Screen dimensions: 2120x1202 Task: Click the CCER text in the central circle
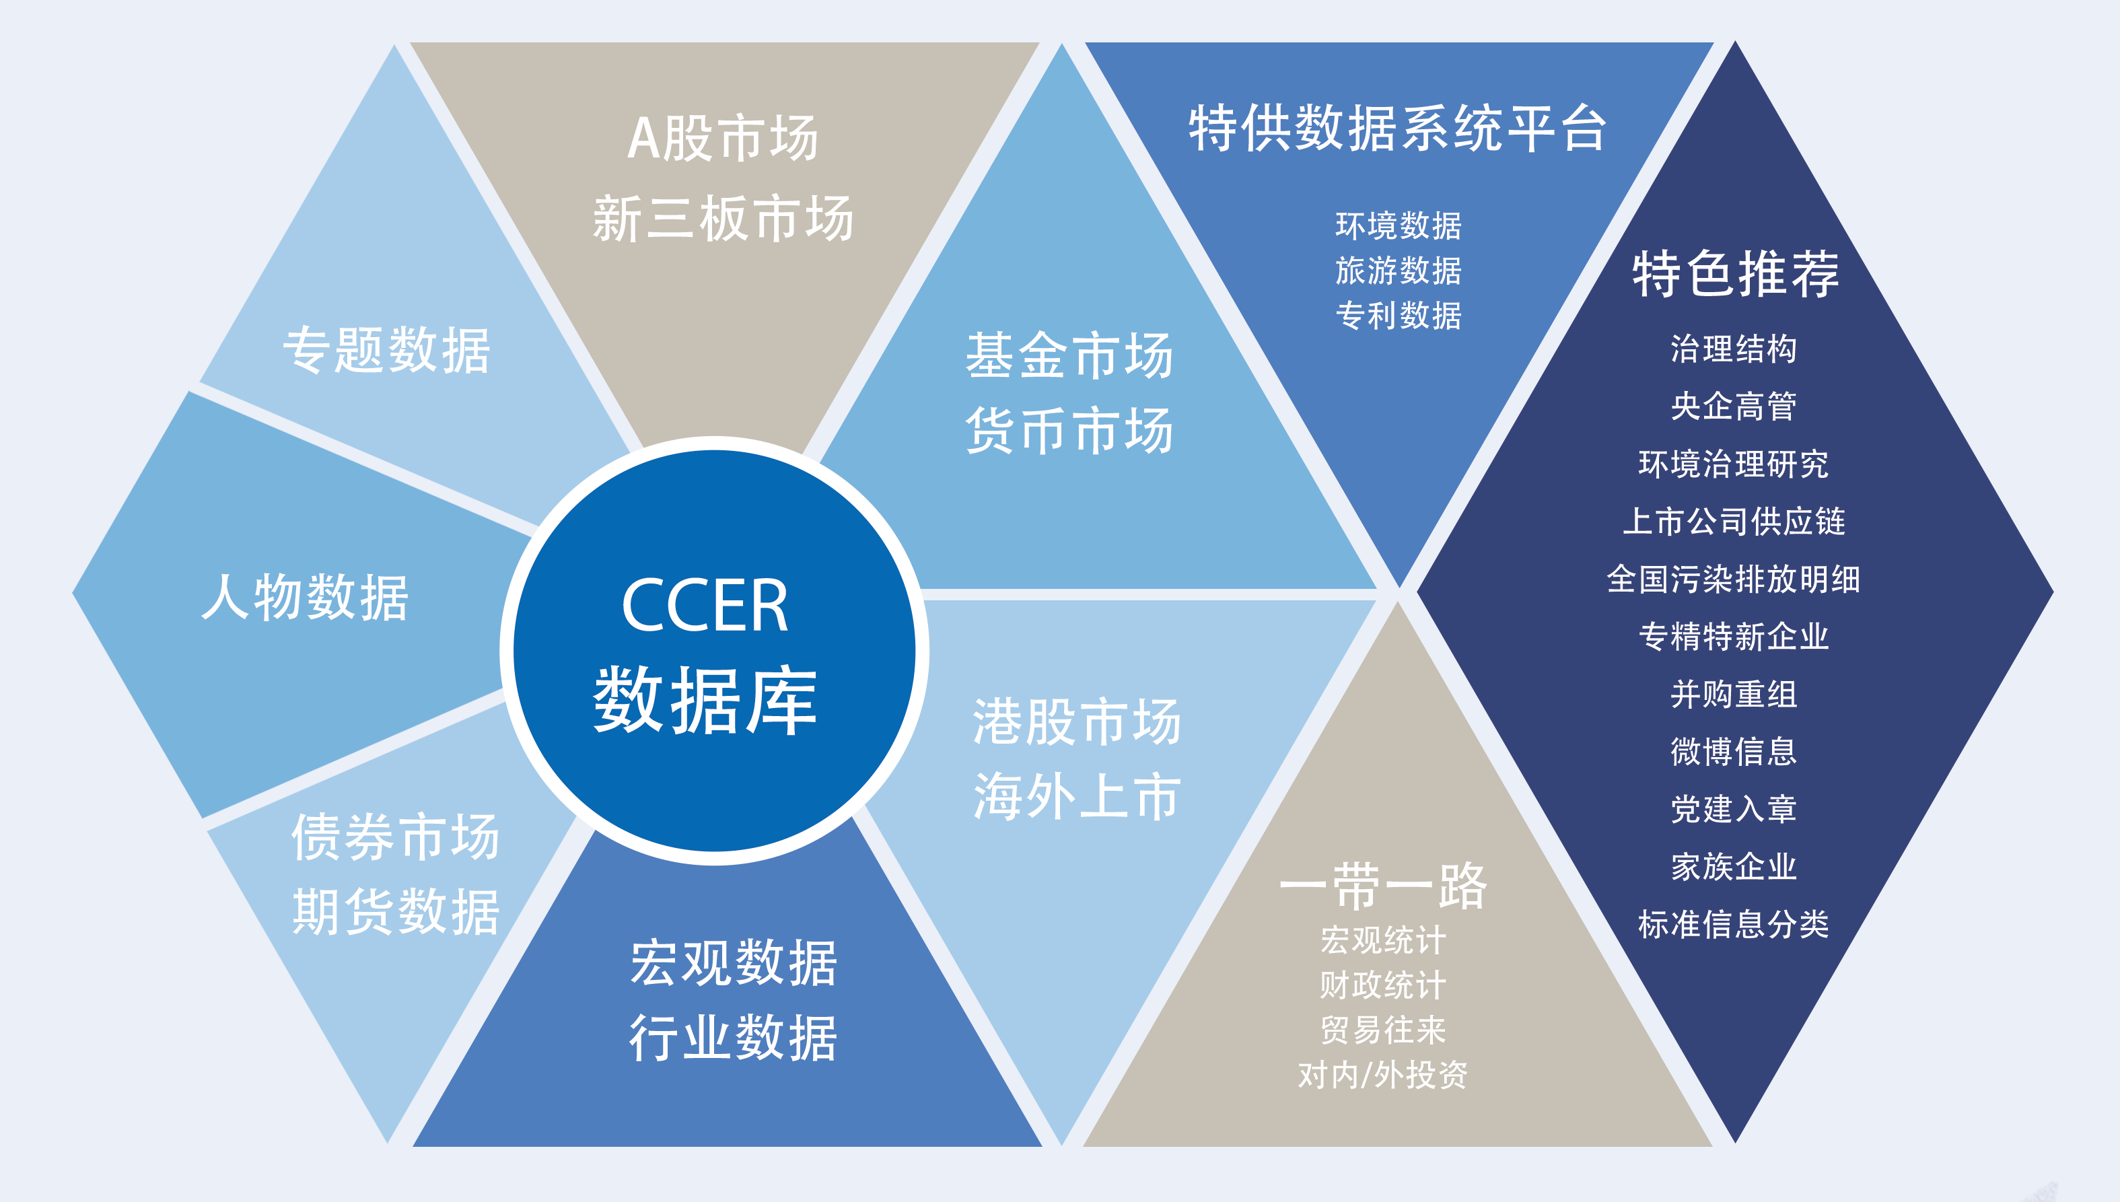pyautogui.click(x=705, y=605)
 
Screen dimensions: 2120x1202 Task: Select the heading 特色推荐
pyautogui.click(x=1735, y=274)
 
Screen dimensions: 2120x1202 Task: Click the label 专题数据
pyautogui.click(x=386, y=350)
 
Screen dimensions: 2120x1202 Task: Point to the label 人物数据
pyautogui.click(x=306, y=597)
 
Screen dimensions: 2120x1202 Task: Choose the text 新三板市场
pyautogui.click(x=723, y=219)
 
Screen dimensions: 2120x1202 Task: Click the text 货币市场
pyautogui.click(x=1070, y=430)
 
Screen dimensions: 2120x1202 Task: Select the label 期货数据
pyautogui.click(x=396, y=912)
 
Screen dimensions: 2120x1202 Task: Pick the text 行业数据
pyautogui.click(x=733, y=1038)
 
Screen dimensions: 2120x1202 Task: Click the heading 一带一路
pyautogui.click(x=1383, y=886)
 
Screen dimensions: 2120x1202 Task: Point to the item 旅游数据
pyautogui.click(x=1399, y=271)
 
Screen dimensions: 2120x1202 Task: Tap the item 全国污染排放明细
pyautogui.click(x=1734, y=579)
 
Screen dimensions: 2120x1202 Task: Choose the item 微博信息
pyautogui.click(x=1734, y=751)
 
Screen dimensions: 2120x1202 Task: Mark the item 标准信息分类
pyautogui.click(x=1734, y=925)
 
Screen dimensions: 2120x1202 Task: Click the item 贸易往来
pyautogui.click(x=1383, y=1030)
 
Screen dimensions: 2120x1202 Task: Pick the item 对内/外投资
pyautogui.click(x=1383, y=1075)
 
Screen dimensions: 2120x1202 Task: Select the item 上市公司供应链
pyautogui.click(x=1734, y=522)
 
